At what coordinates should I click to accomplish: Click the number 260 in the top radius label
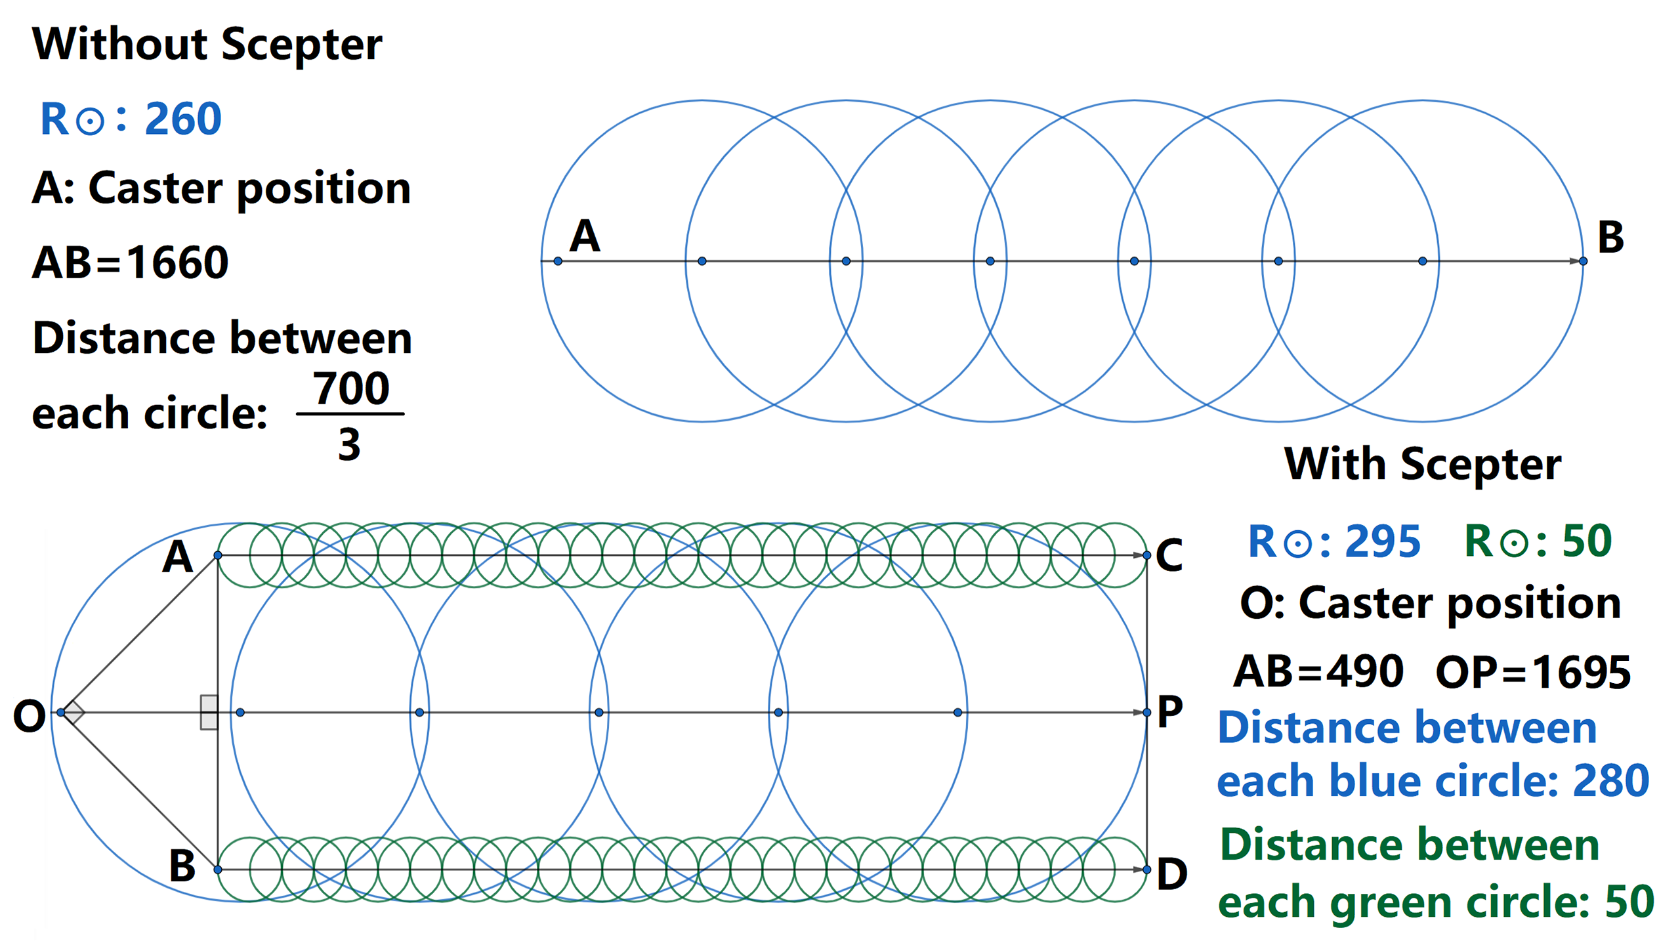[x=183, y=119]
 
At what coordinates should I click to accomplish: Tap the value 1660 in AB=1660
[x=177, y=262]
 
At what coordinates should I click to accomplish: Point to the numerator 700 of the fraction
[x=351, y=388]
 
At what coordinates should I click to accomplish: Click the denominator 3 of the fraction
[x=349, y=444]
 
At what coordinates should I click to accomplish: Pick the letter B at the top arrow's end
[x=1610, y=237]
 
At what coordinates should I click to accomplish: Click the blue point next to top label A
[x=558, y=261]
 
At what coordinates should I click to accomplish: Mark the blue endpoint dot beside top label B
[x=1583, y=261]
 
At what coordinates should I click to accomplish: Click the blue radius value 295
[x=1383, y=542]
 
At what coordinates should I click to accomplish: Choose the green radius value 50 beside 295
[x=1587, y=541]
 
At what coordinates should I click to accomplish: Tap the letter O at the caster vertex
[x=30, y=716]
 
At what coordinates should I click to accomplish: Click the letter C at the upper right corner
[x=1169, y=556]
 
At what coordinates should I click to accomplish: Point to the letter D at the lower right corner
[x=1172, y=874]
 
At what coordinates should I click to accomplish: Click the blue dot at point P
[x=1147, y=712]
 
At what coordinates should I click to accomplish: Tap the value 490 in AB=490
[x=1364, y=671]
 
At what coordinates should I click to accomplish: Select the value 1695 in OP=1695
[x=1582, y=673]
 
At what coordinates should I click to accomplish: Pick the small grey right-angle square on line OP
[x=209, y=713]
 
